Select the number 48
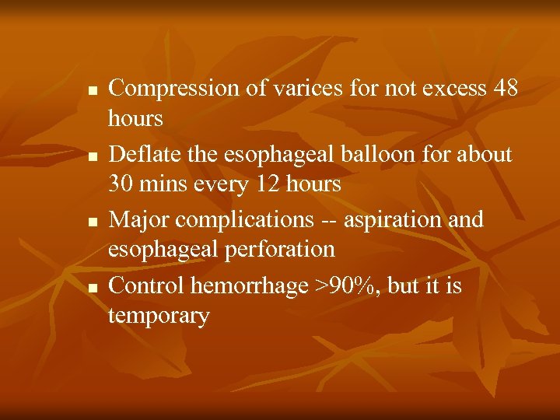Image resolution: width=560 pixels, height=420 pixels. click(506, 89)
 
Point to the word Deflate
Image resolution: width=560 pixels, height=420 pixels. click(141, 155)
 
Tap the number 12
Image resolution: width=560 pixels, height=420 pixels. click(257, 184)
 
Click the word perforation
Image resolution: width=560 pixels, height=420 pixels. click(278, 250)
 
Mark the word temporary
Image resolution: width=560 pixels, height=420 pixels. click(159, 316)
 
